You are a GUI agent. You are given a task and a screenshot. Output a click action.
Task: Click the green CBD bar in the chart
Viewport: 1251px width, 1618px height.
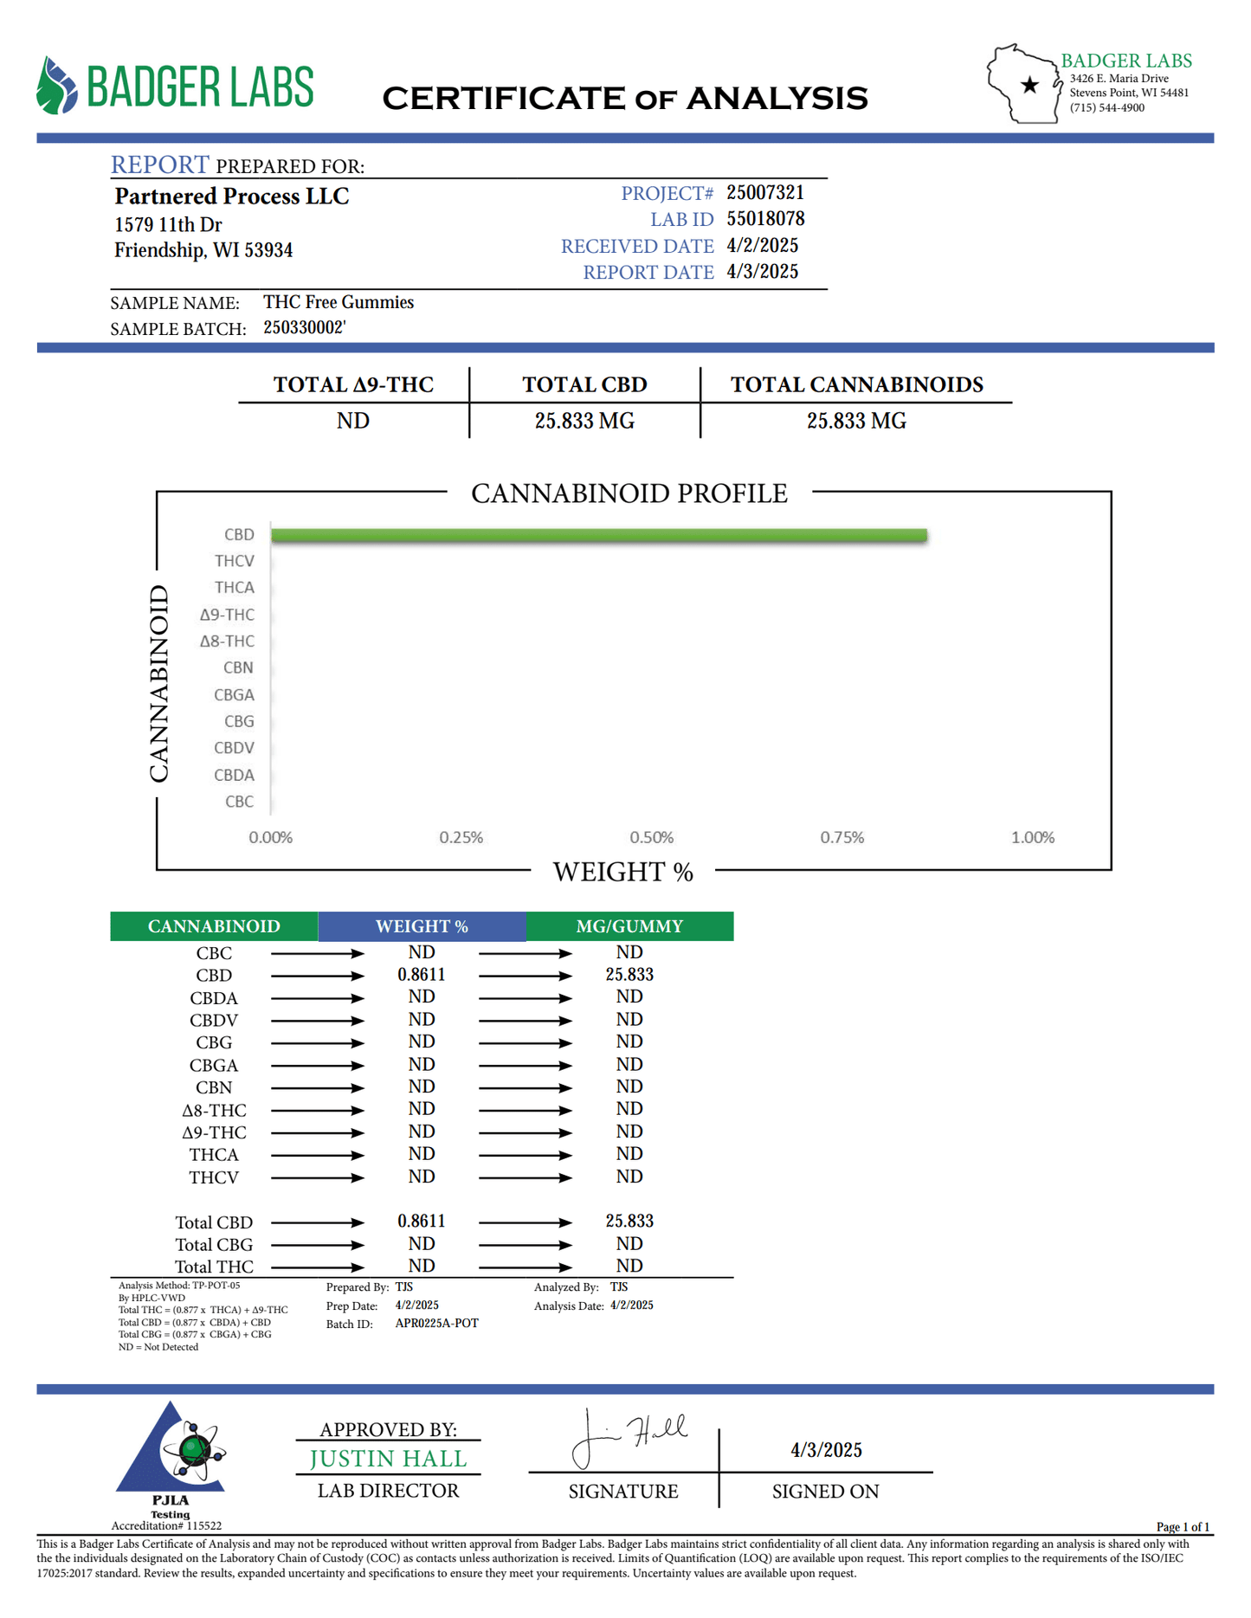[x=598, y=535]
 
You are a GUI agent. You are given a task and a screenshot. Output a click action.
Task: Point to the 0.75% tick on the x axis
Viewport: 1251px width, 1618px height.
[x=842, y=837]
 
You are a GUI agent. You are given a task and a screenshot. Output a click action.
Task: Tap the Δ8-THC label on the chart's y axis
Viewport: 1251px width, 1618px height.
[x=227, y=641]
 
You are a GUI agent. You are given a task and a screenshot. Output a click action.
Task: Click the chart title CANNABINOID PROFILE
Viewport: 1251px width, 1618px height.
[x=629, y=493]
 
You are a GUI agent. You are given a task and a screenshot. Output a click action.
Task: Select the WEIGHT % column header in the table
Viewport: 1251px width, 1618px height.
[x=422, y=926]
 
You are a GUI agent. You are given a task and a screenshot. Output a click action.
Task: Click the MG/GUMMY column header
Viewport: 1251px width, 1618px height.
[x=629, y=926]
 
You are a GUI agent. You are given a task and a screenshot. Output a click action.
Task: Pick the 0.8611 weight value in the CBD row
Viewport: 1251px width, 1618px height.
[x=422, y=975]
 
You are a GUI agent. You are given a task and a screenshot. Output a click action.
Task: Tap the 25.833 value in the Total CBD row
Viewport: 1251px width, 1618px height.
[x=629, y=1222]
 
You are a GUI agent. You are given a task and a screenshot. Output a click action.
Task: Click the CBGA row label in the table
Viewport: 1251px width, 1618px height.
[x=214, y=1066]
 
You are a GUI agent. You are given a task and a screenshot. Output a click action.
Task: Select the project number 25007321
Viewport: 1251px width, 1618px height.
[x=765, y=192]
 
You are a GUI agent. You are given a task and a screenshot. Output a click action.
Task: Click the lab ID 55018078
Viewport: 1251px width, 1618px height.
[x=765, y=219]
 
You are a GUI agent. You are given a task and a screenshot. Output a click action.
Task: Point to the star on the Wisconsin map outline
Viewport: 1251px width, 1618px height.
[x=1029, y=85]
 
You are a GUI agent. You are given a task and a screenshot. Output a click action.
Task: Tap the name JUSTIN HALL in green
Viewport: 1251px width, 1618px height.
[x=388, y=1460]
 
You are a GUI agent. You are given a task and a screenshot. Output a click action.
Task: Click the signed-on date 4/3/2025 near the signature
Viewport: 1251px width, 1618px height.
[x=826, y=1450]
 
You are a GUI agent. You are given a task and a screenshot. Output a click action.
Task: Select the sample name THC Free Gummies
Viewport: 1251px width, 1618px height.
[x=339, y=302]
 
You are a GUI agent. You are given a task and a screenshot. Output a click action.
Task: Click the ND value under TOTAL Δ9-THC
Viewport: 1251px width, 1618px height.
[x=353, y=421]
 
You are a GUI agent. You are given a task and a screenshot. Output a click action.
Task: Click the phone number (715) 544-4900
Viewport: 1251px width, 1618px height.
[x=1106, y=108]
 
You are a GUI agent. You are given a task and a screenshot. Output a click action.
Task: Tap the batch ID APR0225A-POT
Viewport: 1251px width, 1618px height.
[x=436, y=1324]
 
